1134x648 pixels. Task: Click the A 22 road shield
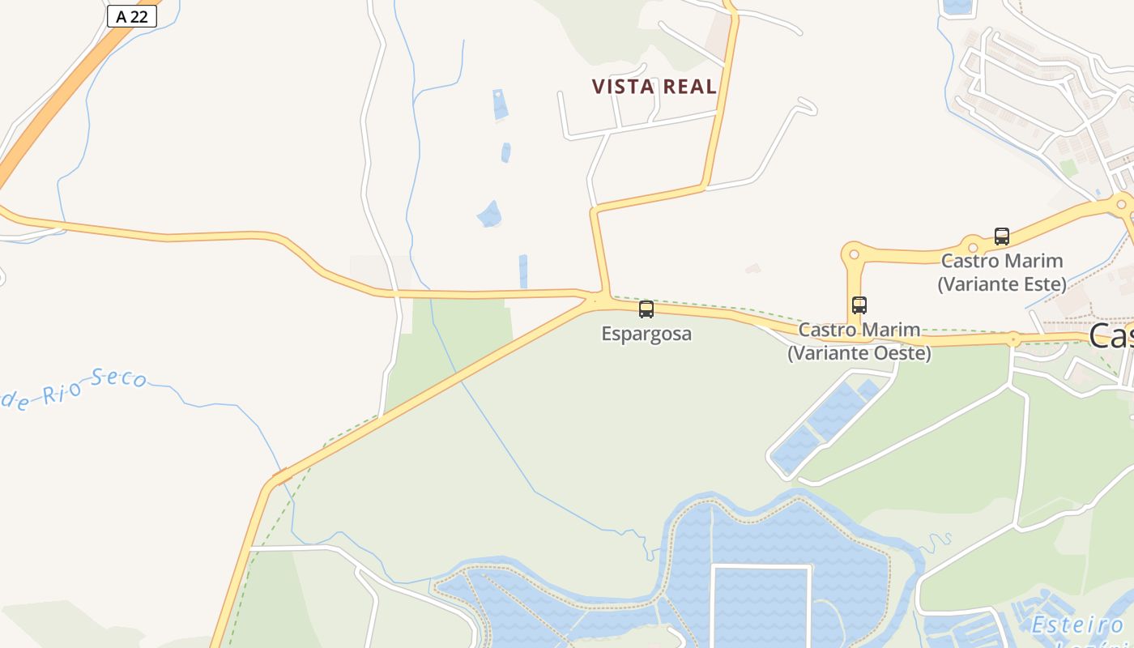(x=131, y=16)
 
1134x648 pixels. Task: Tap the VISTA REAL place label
(x=654, y=87)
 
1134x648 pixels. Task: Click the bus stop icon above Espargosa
(x=646, y=309)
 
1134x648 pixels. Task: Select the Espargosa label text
(x=646, y=334)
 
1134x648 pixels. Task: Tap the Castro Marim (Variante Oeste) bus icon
(x=859, y=305)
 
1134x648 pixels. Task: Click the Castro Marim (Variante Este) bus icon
(x=1002, y=237)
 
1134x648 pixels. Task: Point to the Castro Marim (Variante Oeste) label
(x=859, y=342)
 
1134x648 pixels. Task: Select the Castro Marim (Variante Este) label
(x=1002, y=272)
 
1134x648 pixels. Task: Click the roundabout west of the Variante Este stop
(x=854, y=254)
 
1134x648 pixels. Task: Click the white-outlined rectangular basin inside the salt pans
(x=761, y=607)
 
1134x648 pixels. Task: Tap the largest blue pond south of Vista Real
(x=489, y=215)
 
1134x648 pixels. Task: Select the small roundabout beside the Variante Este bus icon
(x=973, y=246)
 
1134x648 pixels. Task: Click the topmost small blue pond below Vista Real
(x=500, y=104)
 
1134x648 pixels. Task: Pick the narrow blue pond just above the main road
(x=523, y=271)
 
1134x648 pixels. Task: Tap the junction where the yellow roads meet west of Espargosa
(x=600, y=298)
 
